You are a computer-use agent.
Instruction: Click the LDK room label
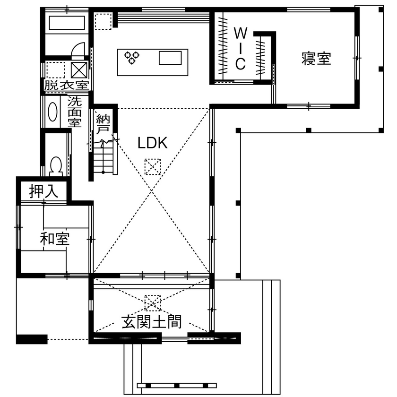pyautogui.click(x=153, y=144)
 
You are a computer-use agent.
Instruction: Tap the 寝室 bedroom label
pyautogui.click(x=316, y=59)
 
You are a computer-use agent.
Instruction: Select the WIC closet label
pyautogui.click(x=240, y=48)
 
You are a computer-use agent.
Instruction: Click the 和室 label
pyautogui.click(x=55, y=239)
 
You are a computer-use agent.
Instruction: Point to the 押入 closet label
pyautogui.click(x=43, y=191)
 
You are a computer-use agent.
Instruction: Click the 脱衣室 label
pyautogui.click(x=67, y=86)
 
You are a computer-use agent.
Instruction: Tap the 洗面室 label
pyautogui.click(x=74, y=112)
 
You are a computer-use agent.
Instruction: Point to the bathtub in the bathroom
pyautogui.click(x=67, y=23)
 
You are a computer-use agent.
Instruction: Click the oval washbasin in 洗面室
pyautogui.click(x=53, y=112)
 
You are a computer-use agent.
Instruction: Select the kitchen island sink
pyautogui.click(x=170, y=58)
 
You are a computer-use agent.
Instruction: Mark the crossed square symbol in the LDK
pyautogui.click(x=153, y=167)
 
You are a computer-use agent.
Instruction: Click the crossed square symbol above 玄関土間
pyautogui.click(x=153, y=302)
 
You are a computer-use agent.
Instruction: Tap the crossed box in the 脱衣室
pyautogui.click(x=78, y=70)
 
